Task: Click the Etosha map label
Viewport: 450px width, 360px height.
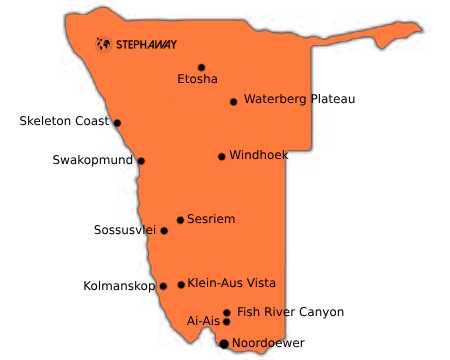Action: pos(197,78)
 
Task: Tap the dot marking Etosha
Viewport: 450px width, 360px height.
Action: pos(201,68)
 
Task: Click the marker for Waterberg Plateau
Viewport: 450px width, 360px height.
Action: pos(233,101)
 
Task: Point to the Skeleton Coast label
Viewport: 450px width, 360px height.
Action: pos(62,121)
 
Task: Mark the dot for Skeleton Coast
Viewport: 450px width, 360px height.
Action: pos(117,123)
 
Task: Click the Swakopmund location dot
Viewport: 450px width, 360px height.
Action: pos(141,161)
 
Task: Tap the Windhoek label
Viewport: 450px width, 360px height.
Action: pos(259,155)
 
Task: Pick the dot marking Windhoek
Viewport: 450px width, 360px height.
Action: pos(221,156)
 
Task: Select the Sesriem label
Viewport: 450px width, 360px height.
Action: pos(211,218)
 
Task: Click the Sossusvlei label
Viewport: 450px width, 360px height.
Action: pos(125,230)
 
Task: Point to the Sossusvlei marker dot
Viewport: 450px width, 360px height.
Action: pos(164,231)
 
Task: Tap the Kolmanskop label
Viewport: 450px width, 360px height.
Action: pos(119,286)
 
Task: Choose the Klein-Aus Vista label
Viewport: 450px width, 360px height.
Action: pos(231,283)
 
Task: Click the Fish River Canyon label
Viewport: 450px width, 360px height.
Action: pos(290,312)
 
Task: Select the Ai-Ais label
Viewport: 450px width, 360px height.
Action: pos(203,321)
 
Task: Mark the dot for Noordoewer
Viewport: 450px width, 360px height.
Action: pos(223,343)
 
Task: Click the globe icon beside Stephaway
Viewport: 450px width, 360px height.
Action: pos(102,43)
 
